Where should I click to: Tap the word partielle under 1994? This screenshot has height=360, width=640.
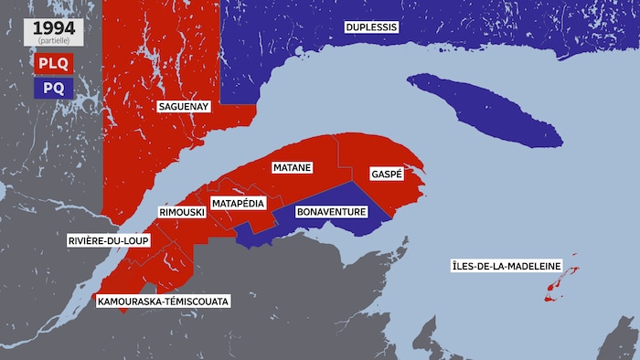(x=54, y=39)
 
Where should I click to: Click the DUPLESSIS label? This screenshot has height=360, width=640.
(x=371, y=27)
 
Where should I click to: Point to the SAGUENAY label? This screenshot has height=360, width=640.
(x=184, y=107)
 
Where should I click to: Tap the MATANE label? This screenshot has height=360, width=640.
(x=293, y=168)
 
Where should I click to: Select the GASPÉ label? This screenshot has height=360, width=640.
(x=387, y=174)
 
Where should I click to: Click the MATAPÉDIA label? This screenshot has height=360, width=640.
(x=239, y=202)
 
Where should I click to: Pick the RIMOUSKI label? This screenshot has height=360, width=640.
(x=180, y=212)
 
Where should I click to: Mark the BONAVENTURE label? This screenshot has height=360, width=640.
(x=332, y=212)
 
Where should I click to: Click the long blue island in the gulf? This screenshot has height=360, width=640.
(x=485, y=110)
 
